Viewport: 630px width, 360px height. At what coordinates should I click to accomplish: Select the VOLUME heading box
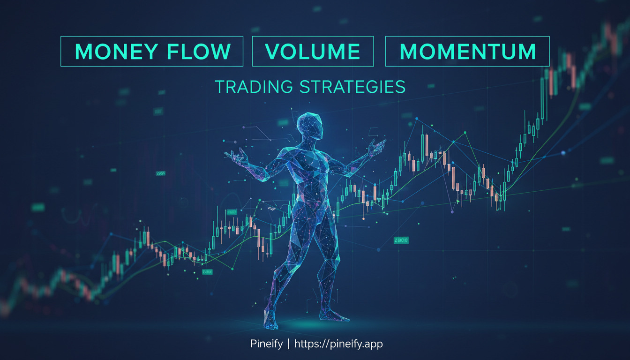(313, 52)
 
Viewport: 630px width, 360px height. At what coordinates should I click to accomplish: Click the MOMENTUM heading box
(467, 52)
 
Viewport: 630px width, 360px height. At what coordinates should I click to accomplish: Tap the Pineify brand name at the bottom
(266, 344)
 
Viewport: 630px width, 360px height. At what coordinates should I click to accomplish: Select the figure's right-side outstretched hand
(376, 148)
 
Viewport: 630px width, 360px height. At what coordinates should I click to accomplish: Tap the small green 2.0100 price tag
(401, 240)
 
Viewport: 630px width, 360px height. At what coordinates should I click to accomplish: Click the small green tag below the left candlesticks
(207, 271)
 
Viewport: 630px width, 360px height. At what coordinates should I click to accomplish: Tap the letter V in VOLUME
(272, 52)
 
